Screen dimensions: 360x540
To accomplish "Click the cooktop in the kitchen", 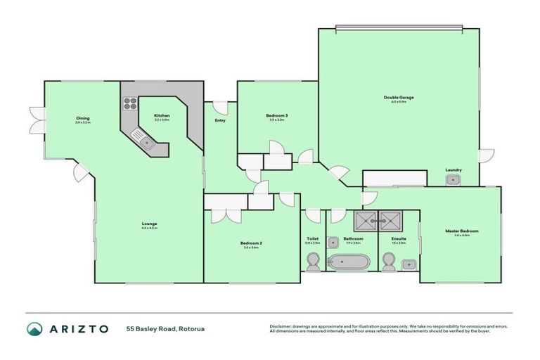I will coord(131,104).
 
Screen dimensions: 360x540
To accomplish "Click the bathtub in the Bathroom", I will coord(349,263).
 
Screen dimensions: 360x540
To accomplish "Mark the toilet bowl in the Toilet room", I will coord(313,264).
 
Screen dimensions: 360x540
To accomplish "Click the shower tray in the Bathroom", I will coord(366,220).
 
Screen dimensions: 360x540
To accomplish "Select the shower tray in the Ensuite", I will coord(389,220).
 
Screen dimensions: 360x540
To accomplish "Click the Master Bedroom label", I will coord(461,231).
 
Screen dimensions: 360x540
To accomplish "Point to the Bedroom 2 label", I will coord(252,243).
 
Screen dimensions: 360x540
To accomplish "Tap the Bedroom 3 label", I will coord(276,115).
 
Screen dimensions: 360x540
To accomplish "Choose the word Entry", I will coord(219,120).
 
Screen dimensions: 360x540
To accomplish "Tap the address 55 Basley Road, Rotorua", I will coord(165,328).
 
